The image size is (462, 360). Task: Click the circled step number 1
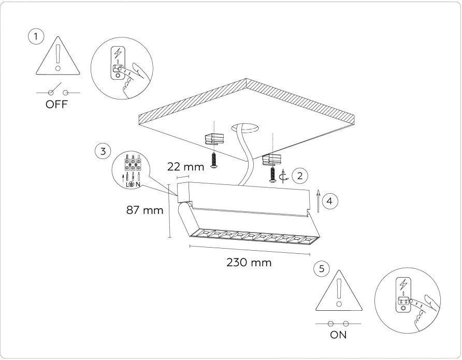(x=36, y=37)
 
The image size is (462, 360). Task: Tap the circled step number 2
(x=300, y=176)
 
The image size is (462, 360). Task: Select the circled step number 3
(x=103, y=151)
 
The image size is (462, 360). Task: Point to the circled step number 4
(x=330, y=201)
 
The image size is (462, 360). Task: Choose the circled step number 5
(x=322, y=269)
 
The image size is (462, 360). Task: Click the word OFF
(x=56, y=104)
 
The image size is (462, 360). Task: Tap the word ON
(x=338, y=335)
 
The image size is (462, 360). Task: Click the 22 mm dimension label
(x=185, y=167)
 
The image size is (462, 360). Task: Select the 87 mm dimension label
(x=145, y=210)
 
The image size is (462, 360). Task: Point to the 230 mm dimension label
(x=249, y=262)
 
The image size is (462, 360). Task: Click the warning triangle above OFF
(x=58, y=55)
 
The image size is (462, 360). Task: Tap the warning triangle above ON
(x=339, y=291)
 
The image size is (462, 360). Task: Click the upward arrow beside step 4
(x=318, y=201)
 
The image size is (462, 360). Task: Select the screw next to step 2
(x=272, y=175)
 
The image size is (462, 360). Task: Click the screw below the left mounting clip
(x=214, y=161)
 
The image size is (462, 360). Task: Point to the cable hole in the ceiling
(x=245, y=127)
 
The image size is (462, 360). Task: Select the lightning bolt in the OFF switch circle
(x=118, y=54)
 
